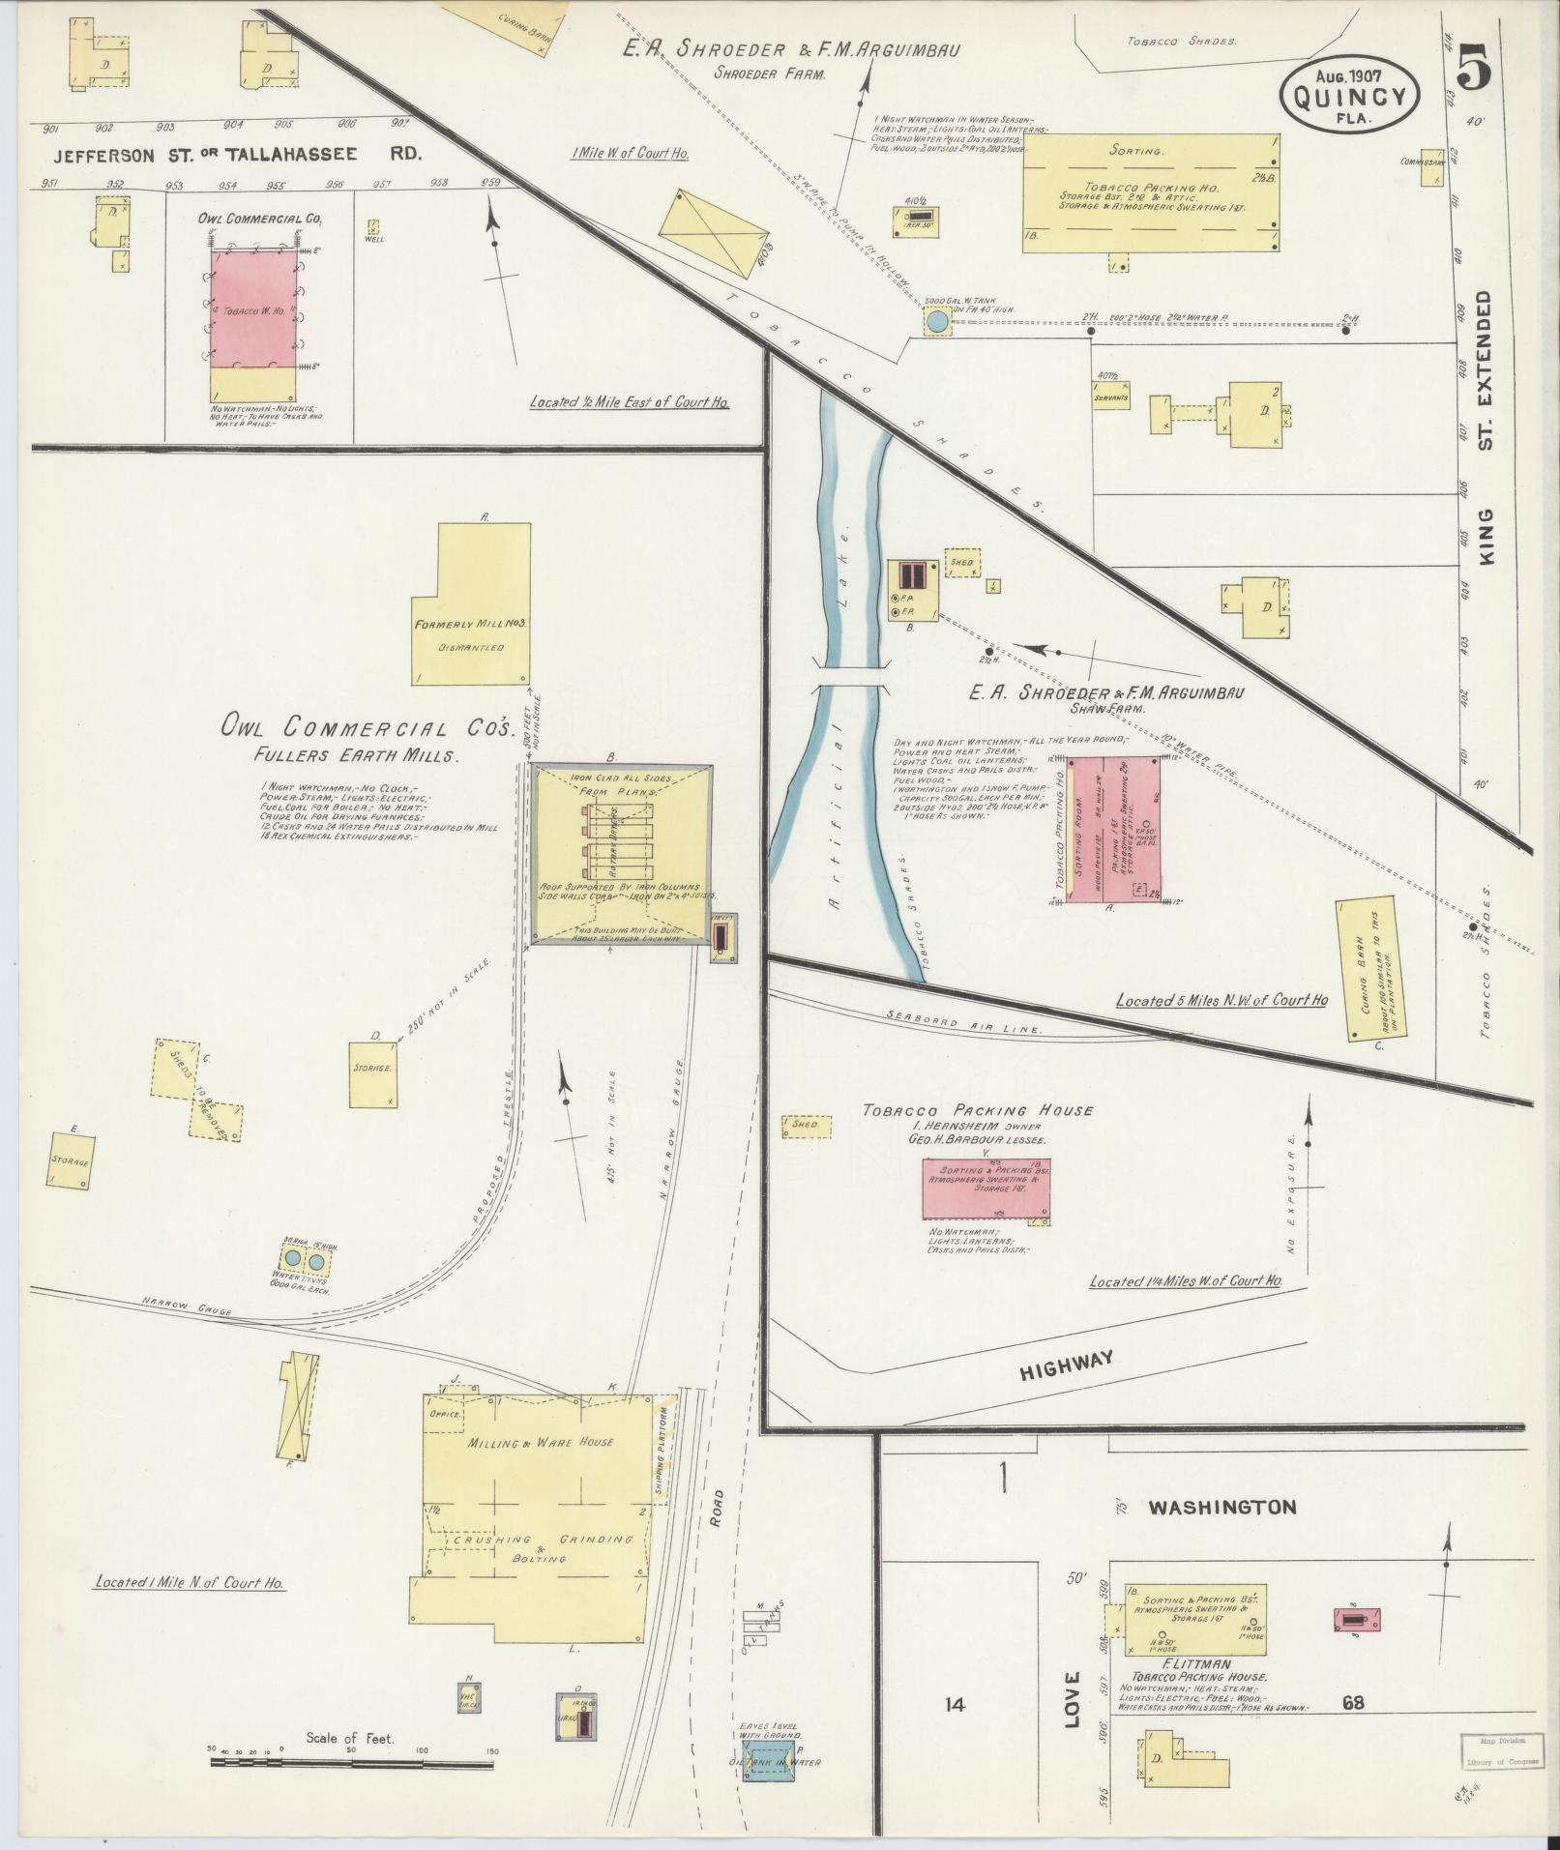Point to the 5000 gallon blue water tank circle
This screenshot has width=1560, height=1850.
936,321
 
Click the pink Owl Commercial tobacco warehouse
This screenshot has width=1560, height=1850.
252,310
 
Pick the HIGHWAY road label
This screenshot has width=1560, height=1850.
1065,1360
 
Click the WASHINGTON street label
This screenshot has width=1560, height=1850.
1222,1507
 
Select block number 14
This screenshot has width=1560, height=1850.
955,1704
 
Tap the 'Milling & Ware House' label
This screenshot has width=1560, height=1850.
541,1470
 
